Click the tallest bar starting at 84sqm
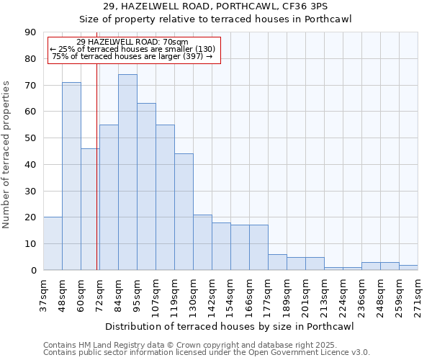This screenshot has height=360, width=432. coord(127,172)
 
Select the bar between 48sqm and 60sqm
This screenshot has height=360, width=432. coord(71,176)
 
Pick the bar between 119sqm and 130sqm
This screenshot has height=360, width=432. coord(184,212)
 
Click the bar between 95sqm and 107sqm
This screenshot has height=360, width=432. coord(146,186)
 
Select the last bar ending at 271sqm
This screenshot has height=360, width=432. coord(408,267)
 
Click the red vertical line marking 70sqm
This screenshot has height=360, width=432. coord(96,180)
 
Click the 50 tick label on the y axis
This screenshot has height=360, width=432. coord(30,138)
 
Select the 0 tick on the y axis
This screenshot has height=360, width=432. coord(33,270)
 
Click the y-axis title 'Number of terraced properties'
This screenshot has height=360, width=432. coord(7,154)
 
